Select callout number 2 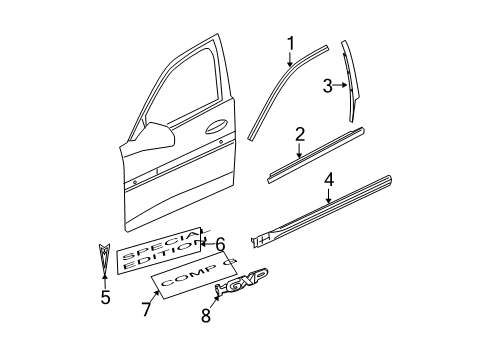click(299, 132)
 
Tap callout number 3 click(326, 86)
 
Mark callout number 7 click(146, 309)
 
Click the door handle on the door click(217, 126)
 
